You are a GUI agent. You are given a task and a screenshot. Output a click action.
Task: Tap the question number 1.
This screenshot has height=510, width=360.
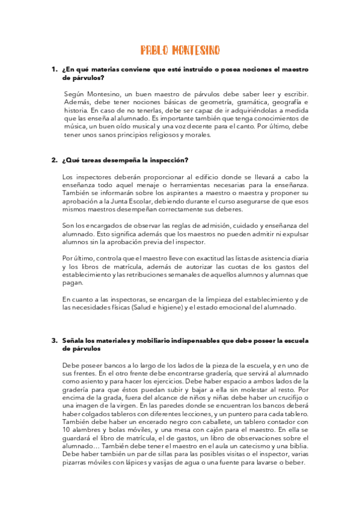pos(54,70)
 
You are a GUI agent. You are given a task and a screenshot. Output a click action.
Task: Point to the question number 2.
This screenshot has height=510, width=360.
pos(54,161)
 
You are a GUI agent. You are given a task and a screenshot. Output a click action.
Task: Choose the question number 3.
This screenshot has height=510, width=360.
pos(54,341)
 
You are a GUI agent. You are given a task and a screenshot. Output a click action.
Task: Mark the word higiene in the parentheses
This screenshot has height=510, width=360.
pos(171,307)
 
